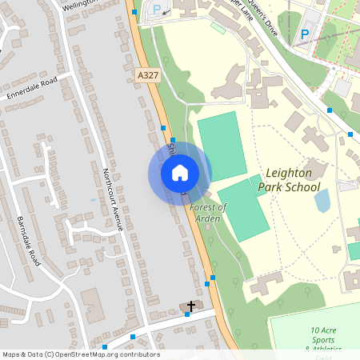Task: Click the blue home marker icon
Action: (x=180, y=173)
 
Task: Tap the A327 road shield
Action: (x=147, y=74)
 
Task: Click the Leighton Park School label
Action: (x=291, y=180)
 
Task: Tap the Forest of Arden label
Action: (x=209, y=212)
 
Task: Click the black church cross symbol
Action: (x=190, y=306)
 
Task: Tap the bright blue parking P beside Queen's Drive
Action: (x=305, y=34)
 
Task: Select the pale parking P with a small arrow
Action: (x=157, y=10)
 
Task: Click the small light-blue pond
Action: (x=322, y=200)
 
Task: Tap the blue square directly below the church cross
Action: (x=187, y=314)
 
